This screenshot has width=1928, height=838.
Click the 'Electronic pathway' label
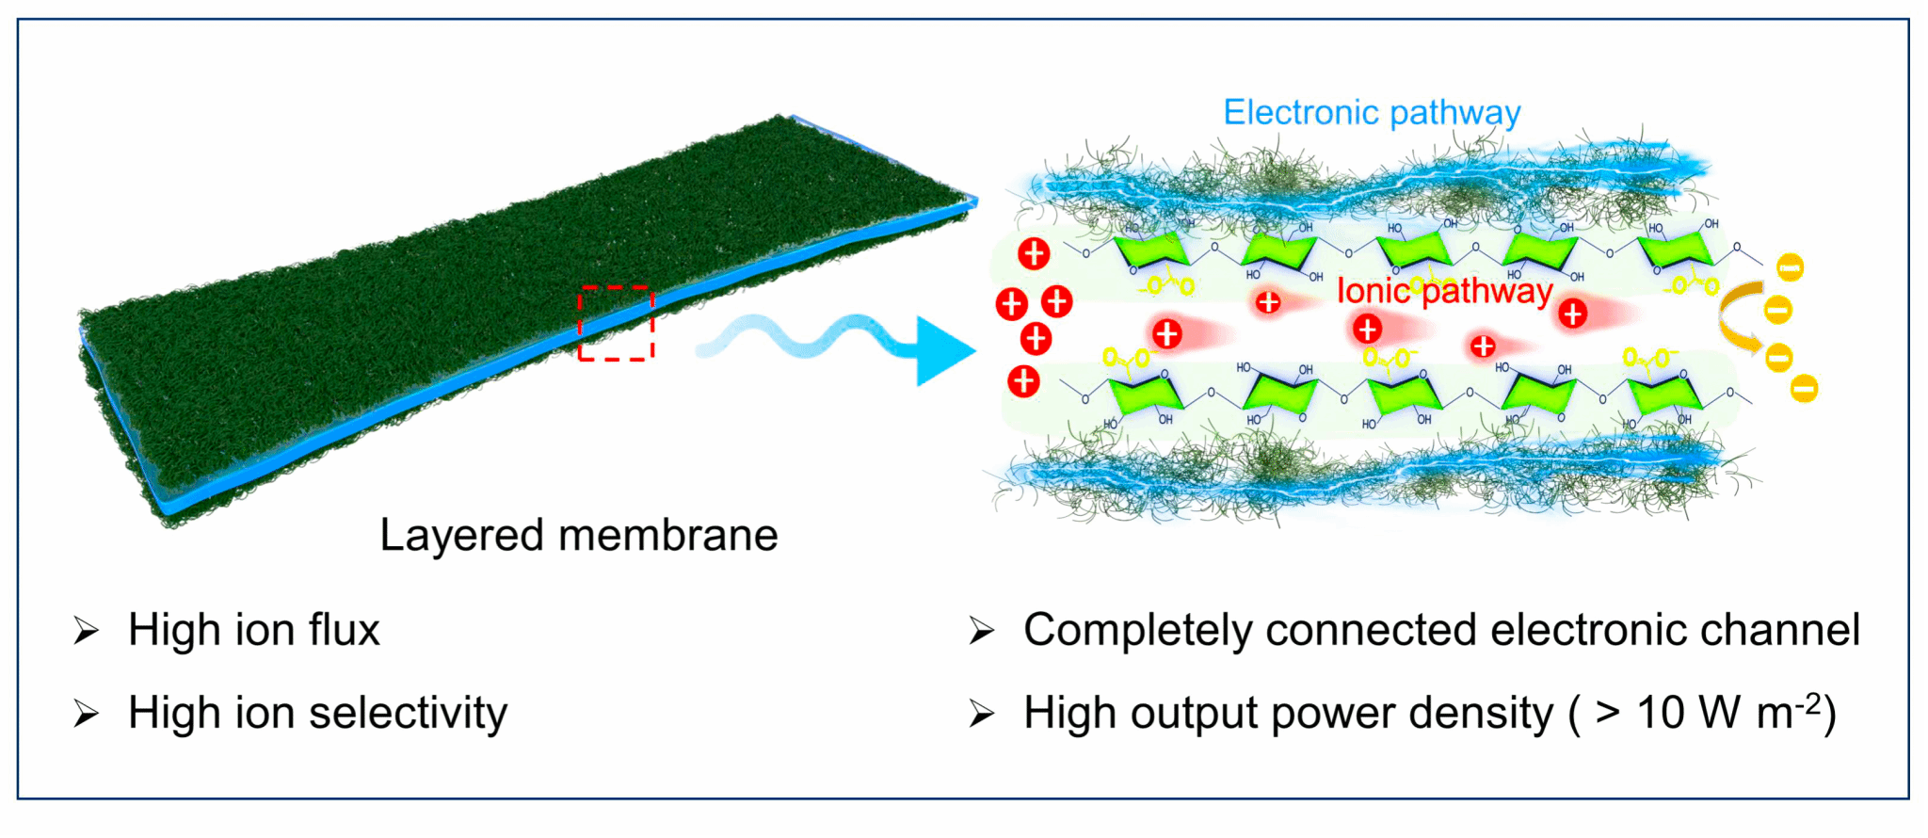(x=1372, y=113)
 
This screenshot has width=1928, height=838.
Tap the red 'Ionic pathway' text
(x=1444, y=292)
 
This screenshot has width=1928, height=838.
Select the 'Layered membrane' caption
(x=578, y=535)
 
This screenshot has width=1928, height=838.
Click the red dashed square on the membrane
(x=616, y=323)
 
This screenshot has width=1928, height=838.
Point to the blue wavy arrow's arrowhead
(x=944, y=351)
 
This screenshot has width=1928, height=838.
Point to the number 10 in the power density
(x=1660, y=713)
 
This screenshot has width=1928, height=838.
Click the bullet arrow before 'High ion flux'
(x=86, y=631)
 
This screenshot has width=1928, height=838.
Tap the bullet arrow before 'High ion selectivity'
(x=86, y=714)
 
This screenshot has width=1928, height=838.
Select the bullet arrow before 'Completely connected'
(x=981, y=631)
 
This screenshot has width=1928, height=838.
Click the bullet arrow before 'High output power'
(x=981, y=714)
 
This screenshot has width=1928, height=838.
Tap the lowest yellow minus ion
(x=1804, y=388)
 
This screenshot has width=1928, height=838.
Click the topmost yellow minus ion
(x=1790, y=267)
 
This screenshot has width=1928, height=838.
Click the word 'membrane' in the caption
(x=668, y=535)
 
